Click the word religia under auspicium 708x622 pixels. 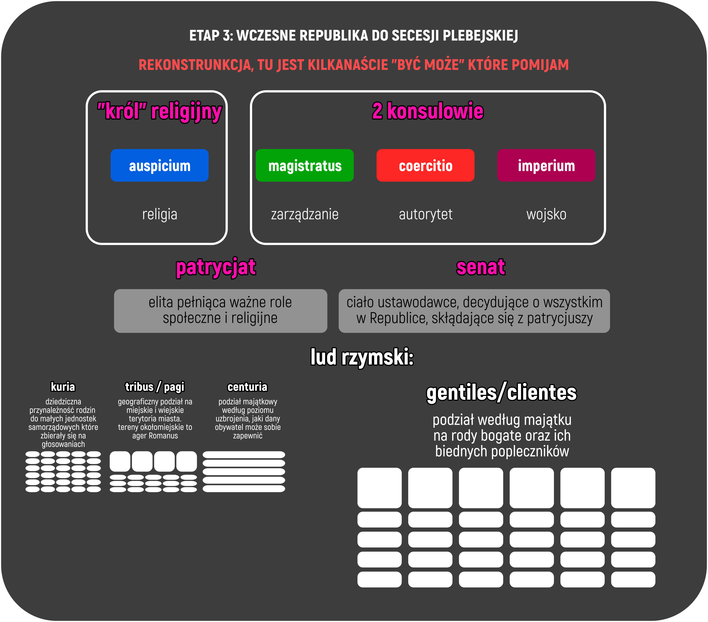160,214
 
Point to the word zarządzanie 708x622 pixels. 305,214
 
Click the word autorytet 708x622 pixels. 425,214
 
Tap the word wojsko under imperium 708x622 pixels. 546,214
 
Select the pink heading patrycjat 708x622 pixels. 216,267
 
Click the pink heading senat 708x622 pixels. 480,267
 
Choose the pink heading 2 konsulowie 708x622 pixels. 428,111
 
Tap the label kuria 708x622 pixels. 63,386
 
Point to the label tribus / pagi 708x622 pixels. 154,386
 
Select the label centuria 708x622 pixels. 247,386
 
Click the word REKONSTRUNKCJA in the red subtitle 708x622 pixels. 196,65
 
